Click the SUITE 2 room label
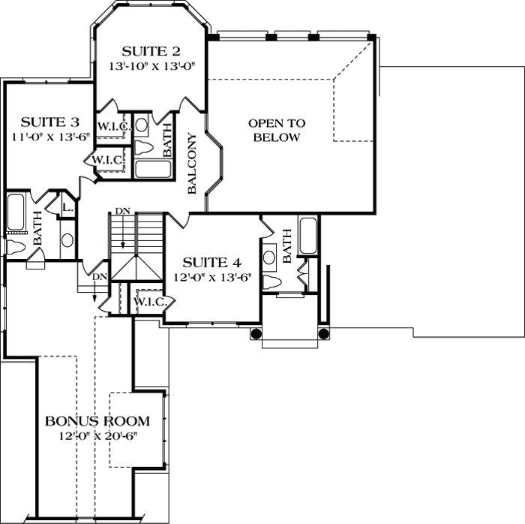tap(151, 51)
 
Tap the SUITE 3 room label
tap(49, 122)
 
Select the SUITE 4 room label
tap(212, 262)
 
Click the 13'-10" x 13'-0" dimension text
tap(151, 66)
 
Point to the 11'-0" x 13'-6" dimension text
tap(49, 137)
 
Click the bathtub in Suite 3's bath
tap(16, 212)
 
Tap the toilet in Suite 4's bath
tap(274, 281)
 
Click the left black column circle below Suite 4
tap(256, 333)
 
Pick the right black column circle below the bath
tap(324, 333)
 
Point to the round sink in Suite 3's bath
tap(67, 241)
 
